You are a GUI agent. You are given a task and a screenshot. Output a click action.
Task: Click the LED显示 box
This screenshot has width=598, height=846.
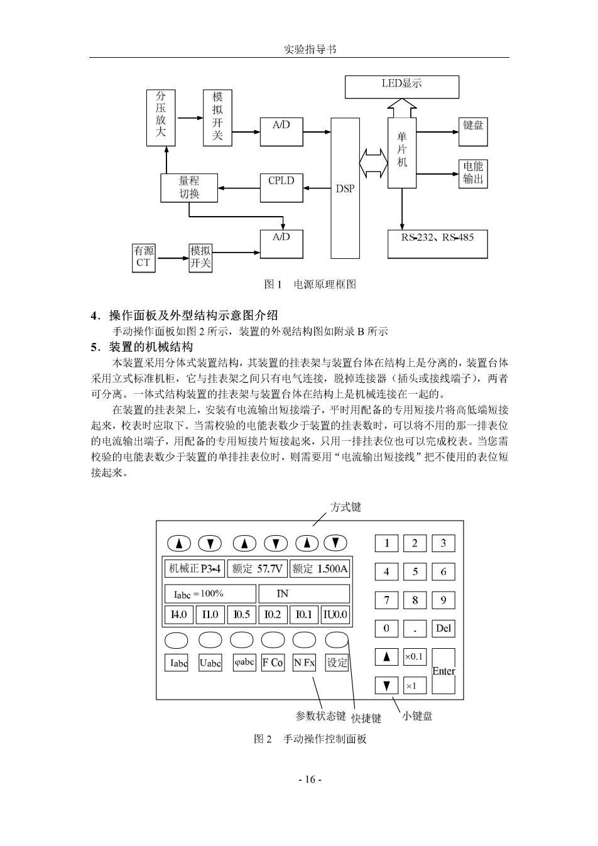[401, 87]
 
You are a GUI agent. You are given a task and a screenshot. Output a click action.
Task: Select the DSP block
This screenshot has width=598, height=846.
[345, 188]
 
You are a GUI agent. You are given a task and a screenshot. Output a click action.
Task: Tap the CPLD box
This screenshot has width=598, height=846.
[281, 188]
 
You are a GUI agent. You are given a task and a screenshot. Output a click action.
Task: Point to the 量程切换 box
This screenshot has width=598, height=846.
[189, 188]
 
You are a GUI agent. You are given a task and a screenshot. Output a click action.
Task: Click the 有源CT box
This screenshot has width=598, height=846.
[144, 258]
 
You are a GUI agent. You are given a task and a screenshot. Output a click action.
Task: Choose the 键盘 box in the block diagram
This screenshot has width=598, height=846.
[473, 132]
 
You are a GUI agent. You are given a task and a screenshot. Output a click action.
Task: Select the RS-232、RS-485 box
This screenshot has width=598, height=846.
[437, 244]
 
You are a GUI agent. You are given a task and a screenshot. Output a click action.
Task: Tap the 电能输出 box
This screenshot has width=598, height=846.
[473, 174]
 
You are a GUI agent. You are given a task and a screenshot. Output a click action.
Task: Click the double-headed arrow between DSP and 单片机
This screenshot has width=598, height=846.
[373, 163]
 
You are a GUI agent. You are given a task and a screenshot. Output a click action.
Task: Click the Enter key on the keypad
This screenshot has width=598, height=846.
[443, 671]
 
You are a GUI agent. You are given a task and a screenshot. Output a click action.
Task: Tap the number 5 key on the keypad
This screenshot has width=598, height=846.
[415, 572]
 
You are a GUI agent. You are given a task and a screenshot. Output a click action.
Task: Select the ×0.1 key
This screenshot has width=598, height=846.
[415, 657]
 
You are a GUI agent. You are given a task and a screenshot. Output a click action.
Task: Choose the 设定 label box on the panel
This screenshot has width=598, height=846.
[337, 663]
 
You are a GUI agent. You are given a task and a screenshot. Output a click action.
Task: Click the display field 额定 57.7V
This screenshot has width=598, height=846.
[258, 569]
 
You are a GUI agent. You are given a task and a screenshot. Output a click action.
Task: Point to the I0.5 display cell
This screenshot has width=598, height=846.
[241, 614]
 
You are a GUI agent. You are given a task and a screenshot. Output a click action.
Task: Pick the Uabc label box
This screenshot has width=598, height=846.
[210, 663]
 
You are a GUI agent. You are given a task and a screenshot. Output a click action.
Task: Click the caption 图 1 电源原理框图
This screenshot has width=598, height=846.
[310, 285]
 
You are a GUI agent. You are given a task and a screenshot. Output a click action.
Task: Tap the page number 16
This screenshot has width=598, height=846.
[310, 779]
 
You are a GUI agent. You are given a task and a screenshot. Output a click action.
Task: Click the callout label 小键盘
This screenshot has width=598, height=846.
[417, 716]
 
